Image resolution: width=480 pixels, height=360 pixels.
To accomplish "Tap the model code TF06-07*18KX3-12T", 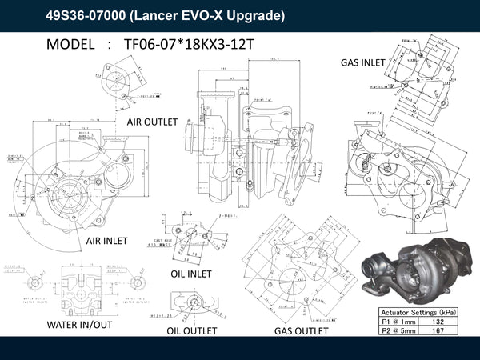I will pos(189,45).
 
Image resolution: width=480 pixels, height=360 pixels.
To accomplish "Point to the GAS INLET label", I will pos(362,62).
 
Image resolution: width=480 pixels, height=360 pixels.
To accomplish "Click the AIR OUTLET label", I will pos(156,122).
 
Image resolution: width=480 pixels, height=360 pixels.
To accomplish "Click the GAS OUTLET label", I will pos(301,330).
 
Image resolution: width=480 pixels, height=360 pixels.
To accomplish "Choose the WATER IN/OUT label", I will pos(78,326).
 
